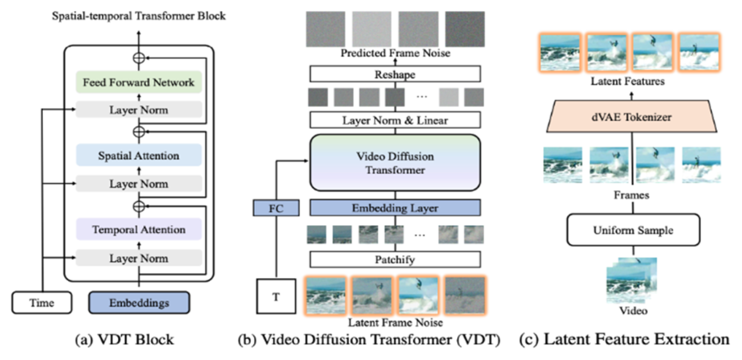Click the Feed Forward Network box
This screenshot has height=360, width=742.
click(x=139, y=82)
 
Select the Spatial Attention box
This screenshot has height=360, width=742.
click(x=139, y=156)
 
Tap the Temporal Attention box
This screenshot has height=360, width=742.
click(x=139, y=229)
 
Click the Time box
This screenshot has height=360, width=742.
click(x=42, y=303)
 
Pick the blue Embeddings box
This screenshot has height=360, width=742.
click(x=139, y=303)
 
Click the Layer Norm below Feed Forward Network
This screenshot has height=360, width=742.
click(x=139, y=110)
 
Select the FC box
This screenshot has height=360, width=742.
click(x=276, y=208)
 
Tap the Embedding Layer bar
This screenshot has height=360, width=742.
click(x=395, y=208)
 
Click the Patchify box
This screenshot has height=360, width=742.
click(x=395, y=259)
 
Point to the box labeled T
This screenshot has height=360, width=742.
click(x=276, y=296)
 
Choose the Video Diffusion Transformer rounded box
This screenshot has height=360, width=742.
click(x=395, y=163)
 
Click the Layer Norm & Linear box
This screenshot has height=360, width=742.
click(x=395, y=120)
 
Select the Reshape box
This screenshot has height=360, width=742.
click(x=395, y=74)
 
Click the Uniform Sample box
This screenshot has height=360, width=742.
click(x=633, y=230)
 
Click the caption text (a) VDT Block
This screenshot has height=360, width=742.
click(x=124, y=340)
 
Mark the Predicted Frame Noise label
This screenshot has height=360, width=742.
click(x=395, y=53)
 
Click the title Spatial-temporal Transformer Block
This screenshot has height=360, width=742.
click(x=139, y=16)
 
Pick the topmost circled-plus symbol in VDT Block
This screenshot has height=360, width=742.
click(x=139, y=58)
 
